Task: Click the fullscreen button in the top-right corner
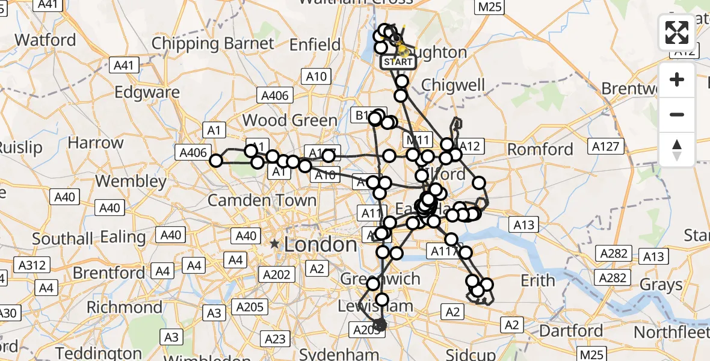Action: pyautogui.click(x=677, y=32)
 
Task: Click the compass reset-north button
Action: pyautogui.click(x=677, y=150)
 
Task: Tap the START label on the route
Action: pyautogui.click(x=398, y=62)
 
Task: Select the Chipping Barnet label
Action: pyautogui.click(x=212, y=43)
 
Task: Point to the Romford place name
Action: pyautogui.click(x=540, y=149)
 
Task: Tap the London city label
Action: pyautogui.click(x=320, y=244)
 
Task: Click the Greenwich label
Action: pyautogui.click(x=380, y=279)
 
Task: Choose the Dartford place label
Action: pyautogui.click(x=571, y=331)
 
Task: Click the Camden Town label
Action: pyautogui.click(x=262, y=200)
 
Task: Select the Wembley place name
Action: pyautogui.click(x=131, y=180)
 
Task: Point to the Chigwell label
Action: pyautogui.click(x=453, y=85)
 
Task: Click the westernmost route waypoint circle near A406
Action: pyautogui.click(x=215, y=160)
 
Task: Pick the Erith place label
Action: pyautogui.click(x=537, y=280)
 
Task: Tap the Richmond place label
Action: pyautogui.click(x=124, y=307)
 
